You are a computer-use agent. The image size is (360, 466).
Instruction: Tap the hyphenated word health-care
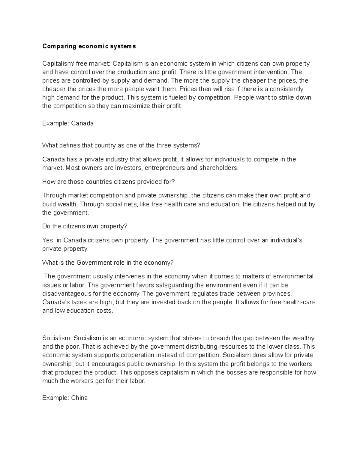click(x=299, y=302)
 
